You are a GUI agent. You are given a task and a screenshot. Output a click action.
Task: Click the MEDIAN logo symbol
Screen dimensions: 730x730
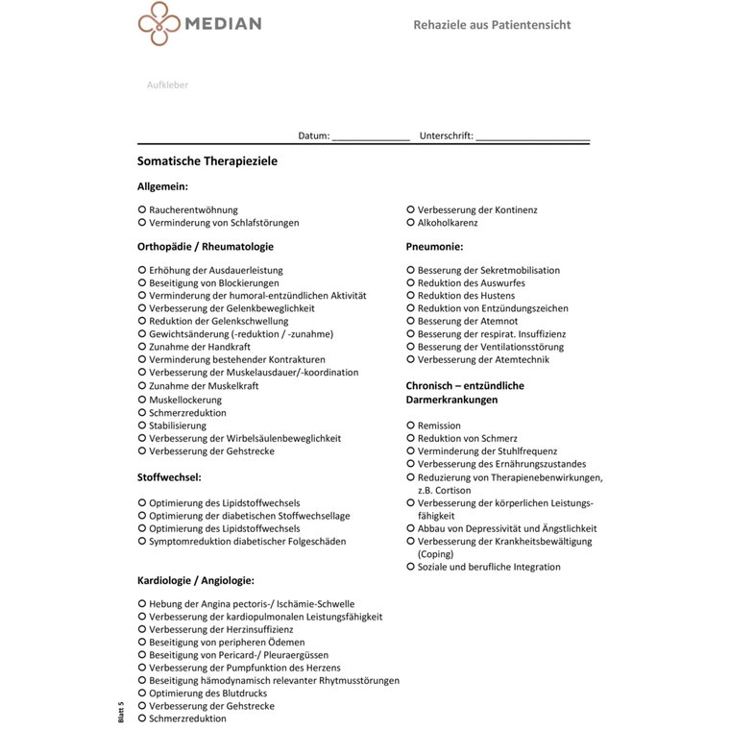point(158,23)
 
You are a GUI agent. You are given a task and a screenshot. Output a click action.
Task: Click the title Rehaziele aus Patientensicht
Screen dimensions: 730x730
point(492,24)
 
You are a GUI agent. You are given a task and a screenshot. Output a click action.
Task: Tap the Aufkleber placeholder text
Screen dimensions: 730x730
point(167,85)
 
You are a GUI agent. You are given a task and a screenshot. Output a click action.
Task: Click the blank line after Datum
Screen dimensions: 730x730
point(371,137)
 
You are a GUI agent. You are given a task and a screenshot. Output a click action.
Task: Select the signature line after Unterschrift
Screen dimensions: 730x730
point(532,137)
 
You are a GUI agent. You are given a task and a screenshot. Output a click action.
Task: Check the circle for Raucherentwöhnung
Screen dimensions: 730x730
point(142,209)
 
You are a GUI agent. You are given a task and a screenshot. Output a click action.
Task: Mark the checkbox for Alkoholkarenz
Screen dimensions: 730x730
point(410,222)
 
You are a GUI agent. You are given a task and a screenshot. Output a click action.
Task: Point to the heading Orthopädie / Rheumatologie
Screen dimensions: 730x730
point(205,247)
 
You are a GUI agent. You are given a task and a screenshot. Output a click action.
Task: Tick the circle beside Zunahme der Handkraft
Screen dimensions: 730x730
point(142,346)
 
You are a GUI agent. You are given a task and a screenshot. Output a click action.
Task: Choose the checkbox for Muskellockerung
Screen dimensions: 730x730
point(142,400)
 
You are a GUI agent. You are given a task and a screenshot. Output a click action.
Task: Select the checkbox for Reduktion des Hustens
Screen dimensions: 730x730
point(410,296)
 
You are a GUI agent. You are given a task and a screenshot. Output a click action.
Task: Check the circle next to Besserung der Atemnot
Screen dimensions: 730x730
point(410,321)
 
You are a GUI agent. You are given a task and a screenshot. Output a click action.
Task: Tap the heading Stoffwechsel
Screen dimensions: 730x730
point(169,476)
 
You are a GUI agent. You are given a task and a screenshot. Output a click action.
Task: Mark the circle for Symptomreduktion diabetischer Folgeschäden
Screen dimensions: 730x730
point(142,541)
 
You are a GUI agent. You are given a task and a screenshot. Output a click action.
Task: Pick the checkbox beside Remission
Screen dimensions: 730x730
point(410,426)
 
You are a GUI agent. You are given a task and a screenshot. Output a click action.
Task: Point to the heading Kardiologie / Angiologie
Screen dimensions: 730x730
point(196,580)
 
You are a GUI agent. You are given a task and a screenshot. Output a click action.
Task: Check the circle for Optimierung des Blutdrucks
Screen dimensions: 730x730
point(142,693)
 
